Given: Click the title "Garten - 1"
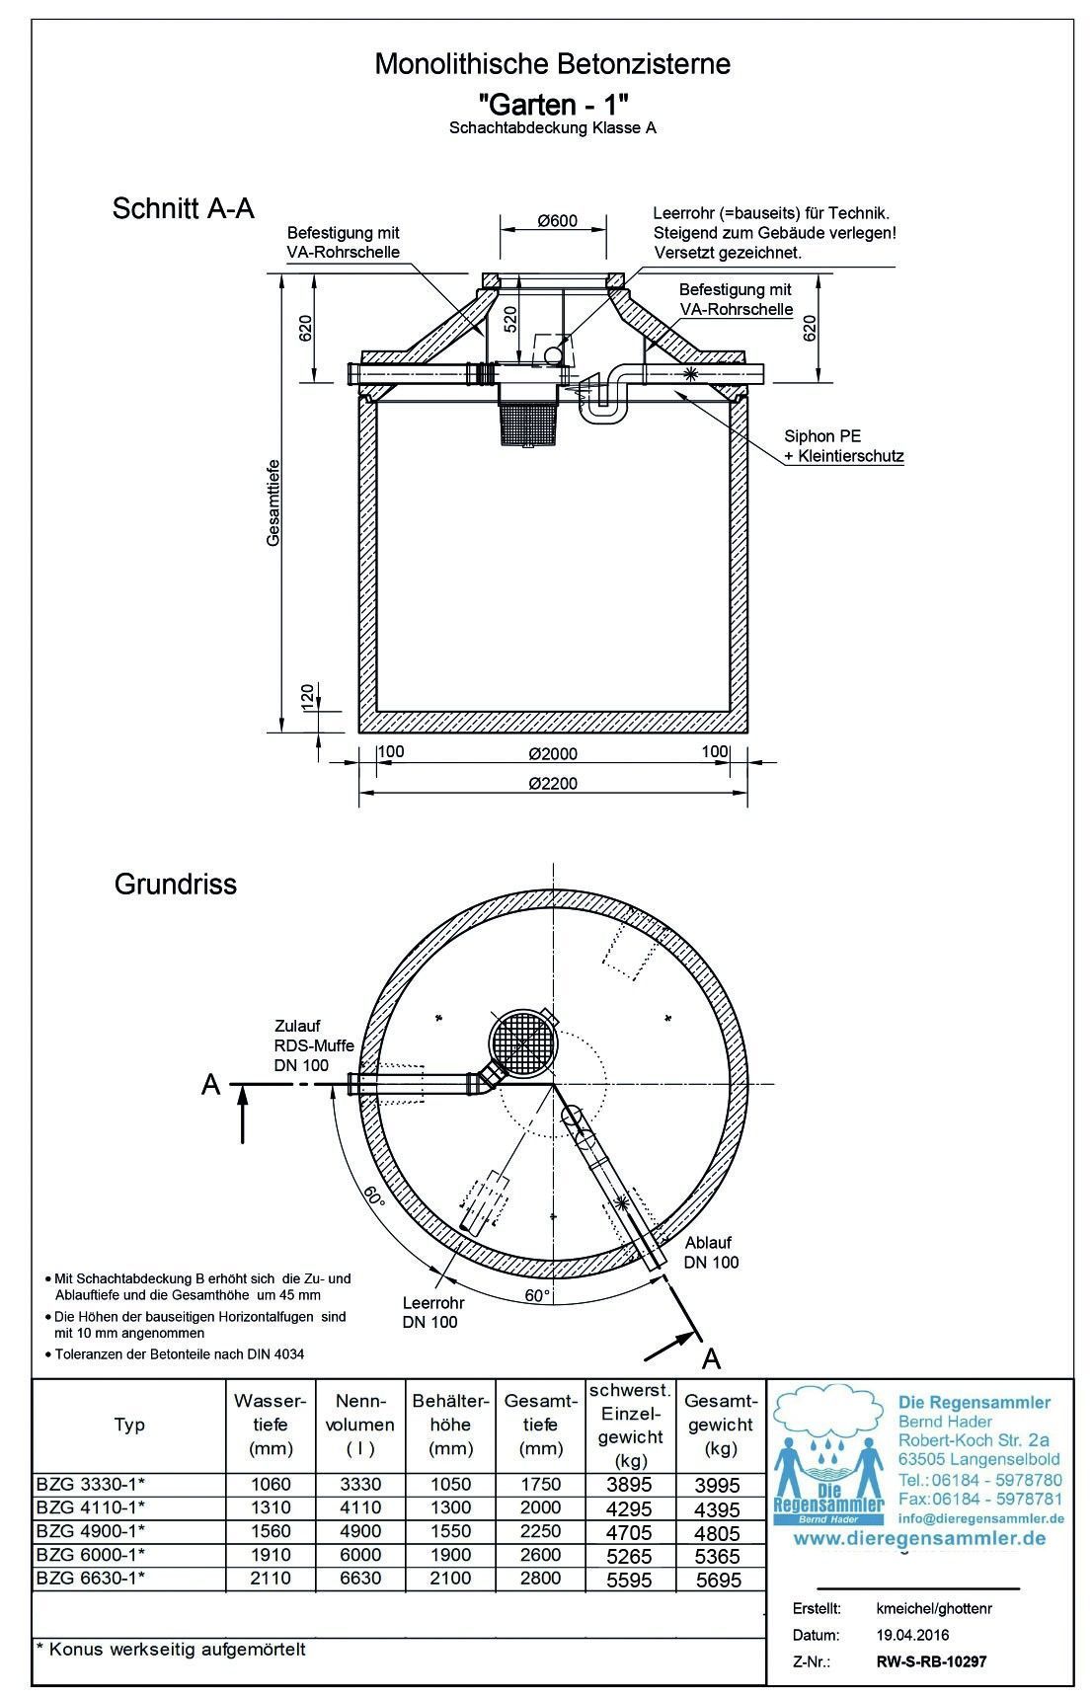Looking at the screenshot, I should click(552, 102).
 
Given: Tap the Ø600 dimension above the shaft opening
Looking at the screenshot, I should click(557, 220).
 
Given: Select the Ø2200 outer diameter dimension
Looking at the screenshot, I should click(552, 783).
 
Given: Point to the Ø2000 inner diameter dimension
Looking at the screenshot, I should click(552, 753).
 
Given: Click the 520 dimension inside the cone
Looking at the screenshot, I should click(509, 321).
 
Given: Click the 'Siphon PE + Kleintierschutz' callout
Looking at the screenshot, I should click(843, 446).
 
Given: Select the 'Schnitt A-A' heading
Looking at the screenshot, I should click(184, 208).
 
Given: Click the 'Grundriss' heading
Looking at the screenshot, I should click(176, 884).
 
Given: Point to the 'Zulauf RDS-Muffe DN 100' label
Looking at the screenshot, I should click(313, 1045).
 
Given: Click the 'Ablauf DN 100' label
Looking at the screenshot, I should click(711, 1252).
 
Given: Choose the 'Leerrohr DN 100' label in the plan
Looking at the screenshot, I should click(429, 1312).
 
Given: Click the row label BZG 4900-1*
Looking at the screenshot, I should click(91, 1531).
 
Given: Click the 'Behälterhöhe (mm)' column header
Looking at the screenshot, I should click(451, 1425).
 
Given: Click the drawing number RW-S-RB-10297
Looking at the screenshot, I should click(931, 1661).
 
